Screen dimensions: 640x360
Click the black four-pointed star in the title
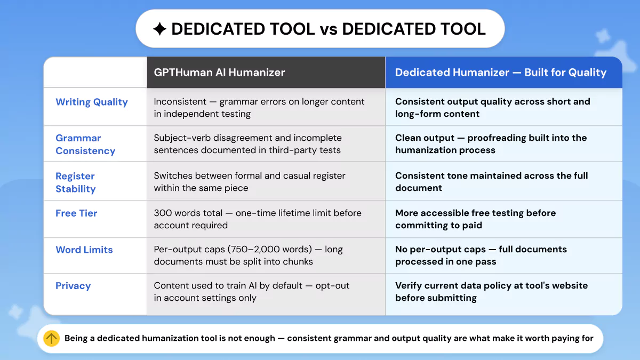point(159,29)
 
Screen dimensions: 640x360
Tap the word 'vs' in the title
point(329,29)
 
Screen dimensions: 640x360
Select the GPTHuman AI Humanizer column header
point(219,73)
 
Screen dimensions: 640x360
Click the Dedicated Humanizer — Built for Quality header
point(501,73)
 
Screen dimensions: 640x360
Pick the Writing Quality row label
point(92,102)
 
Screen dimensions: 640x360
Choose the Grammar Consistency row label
point(85,145)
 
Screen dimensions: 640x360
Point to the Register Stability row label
point(75,182)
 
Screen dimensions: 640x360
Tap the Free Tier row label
point(76,213)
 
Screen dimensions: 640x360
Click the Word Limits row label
point(84,250)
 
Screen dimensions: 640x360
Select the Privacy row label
point(73,286)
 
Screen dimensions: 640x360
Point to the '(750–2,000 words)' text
point(270,250)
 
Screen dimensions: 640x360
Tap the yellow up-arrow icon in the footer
point(51,338)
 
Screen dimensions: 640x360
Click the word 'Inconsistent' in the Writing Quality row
point(180,101)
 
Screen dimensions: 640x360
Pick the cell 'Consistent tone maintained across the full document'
point(491,182)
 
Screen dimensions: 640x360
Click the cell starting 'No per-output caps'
point(481,255)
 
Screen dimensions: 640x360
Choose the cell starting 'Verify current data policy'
point(491,291)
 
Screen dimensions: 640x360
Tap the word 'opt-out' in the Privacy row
point(332,286)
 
